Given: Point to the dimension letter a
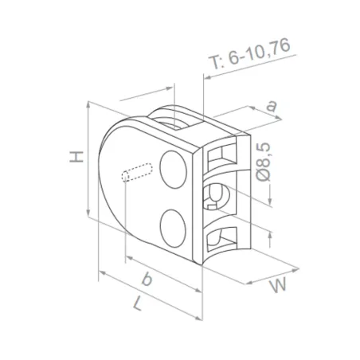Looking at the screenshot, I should pos(271,104).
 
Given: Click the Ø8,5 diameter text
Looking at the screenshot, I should pos(265,162).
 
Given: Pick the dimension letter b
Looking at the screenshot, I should pos(146,279).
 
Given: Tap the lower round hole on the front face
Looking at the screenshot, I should pos(173,225).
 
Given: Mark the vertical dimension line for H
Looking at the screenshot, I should pos(88,159).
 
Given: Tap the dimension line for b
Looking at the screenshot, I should pos(159,275).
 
